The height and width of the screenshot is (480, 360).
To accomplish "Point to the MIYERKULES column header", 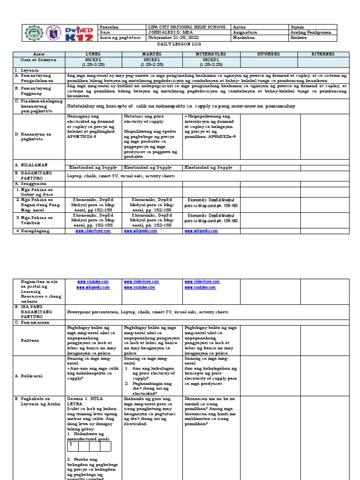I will (x=211, y=54).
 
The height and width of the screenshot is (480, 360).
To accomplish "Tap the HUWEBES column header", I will (x=270, y=54).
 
